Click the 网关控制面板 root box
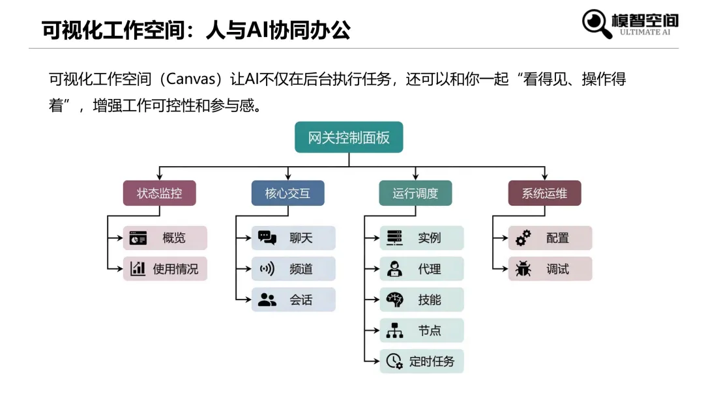coord(349,137)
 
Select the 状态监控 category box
coord(160,193)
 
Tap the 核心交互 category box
coord(287,193)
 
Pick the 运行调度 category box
coord(415,193)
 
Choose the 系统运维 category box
coord(544,193)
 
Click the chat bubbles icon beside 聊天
coord(267,238)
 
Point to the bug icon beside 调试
coord(523,269)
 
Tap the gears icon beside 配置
coord(523,238)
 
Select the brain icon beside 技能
coord(395,300)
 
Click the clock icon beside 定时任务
coord(394,361)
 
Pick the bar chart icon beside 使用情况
coord(138,269)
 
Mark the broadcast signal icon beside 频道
coord(267,269)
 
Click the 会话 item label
coord(301,300)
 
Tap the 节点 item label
coord(430,331)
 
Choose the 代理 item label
coord(430,269)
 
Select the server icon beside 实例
coord(395,238)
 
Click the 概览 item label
coord(174,238)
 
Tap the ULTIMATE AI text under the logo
coord(645,32)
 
